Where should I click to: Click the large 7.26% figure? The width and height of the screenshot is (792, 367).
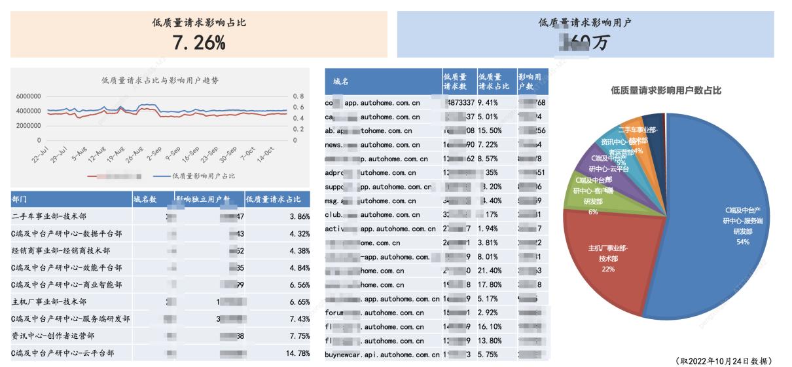(x=199, y=43)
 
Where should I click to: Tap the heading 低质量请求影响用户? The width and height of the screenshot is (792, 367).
(x=585, y=22)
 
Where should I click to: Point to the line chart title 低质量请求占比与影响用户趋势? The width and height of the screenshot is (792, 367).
(x=160, y=81)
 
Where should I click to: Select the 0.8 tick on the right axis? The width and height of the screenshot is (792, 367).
(x=298, y=96)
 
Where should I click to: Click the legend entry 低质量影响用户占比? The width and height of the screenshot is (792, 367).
(x=204, y=176)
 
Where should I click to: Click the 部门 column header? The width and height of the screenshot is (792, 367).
(x=20, y=199)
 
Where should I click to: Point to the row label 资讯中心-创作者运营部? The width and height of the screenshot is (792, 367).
(x=53, y=336)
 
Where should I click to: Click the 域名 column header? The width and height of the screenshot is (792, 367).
(x=340, y=82)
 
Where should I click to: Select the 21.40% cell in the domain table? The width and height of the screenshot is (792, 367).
(x=490, y=271)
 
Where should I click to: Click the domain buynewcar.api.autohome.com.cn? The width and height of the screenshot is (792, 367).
(x=382, y=355)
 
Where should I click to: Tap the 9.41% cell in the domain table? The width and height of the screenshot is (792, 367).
(x=488, y=103)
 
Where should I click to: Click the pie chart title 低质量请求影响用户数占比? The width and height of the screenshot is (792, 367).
(x=666, y=90)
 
